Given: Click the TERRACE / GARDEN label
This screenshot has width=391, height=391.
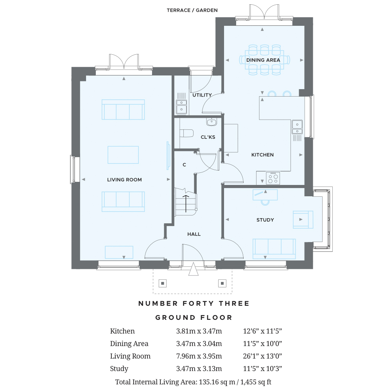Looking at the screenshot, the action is [x=192, y=10].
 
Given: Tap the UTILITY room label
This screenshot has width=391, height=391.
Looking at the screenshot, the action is [x=202, y=95].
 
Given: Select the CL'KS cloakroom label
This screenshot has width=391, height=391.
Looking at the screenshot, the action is [x=208, y=137].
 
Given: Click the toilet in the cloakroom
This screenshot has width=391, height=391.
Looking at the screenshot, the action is [x=187, y=133].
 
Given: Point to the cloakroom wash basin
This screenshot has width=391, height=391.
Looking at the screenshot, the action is [x=212, y=122].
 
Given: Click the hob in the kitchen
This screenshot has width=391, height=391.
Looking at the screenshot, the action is [x=273, y=178].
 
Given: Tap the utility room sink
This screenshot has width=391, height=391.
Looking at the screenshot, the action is [x=181, y=106].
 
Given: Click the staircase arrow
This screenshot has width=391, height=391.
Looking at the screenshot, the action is [x=186, y=203].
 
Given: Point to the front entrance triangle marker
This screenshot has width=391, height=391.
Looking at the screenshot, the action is [x=193, y=269].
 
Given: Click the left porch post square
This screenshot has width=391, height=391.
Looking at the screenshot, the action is [x=163, y=283].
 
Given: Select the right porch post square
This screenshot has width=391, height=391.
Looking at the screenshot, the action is [x=222, y=283].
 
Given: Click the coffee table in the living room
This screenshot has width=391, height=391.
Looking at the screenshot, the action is [x=123, y=155].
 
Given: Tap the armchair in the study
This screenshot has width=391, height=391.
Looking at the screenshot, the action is [x=303, y=219].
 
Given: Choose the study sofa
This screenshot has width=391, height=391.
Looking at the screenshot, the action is [x=274, y=249].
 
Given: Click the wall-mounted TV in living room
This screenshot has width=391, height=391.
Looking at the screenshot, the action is [x=168, y=156].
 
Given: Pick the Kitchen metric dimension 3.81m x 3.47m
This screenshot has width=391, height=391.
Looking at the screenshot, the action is [x=199, y=331].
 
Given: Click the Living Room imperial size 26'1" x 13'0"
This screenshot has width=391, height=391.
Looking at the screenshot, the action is [x=262, y=356].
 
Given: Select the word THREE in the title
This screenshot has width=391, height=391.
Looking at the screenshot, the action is [x=234, y=303].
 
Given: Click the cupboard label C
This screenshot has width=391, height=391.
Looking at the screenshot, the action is [x=184, y=165].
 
